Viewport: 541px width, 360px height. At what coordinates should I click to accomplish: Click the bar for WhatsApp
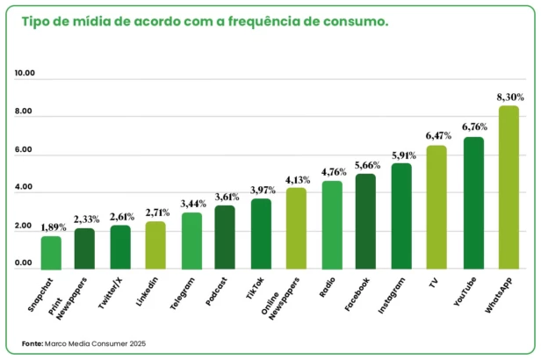point(508,187)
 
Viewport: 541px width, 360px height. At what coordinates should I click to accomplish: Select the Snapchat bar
point(51,253)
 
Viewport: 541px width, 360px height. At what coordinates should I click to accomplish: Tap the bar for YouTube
point(473,203)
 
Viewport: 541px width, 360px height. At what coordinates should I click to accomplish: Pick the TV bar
point(436,207)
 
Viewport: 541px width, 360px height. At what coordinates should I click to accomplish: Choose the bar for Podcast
point(225,237)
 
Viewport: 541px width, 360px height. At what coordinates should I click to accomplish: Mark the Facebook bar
point(365,221)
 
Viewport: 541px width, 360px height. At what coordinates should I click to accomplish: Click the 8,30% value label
point(509,97)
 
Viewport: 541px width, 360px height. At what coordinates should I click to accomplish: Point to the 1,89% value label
point(53,227)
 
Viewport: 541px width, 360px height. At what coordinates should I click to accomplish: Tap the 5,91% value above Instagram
point(402,155)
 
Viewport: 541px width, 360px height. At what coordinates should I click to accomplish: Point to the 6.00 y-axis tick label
point(24,151)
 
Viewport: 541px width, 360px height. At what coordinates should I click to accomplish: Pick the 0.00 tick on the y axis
point(24,263)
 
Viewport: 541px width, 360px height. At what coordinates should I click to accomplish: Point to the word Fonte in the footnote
point(32,343)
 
